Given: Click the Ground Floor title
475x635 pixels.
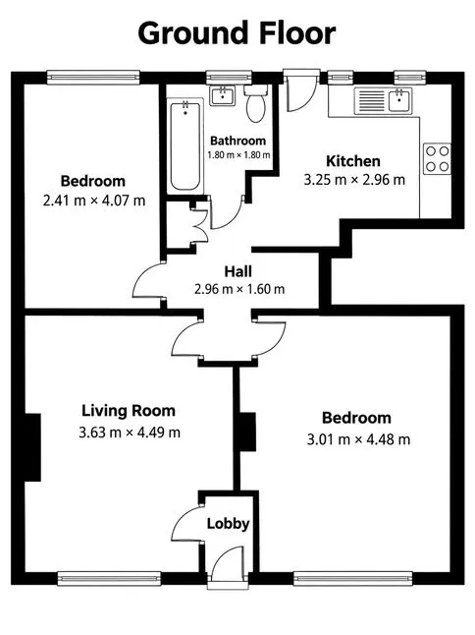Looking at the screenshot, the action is click(237, 33).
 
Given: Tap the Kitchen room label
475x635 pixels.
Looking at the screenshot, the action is click(353, 161).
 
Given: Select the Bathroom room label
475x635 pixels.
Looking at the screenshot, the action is click(238, 141).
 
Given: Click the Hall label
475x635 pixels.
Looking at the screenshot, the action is click(238, 271).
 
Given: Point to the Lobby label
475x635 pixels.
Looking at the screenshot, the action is click(229, 524).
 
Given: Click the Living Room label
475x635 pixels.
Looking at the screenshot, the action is click(129, 411).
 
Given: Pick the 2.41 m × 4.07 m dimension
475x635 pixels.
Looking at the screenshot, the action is click(94, 201).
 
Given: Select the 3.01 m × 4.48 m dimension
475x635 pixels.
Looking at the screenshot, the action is click(358, 439).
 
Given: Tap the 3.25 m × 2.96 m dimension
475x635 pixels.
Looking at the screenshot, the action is click(354, 180).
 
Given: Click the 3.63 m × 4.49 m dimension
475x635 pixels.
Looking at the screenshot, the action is click(130, 433).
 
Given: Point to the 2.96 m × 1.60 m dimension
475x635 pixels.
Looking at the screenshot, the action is click(239, 289).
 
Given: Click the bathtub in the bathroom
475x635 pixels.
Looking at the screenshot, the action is click(185, 146).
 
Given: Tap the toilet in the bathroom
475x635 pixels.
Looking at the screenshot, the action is click(255, 103).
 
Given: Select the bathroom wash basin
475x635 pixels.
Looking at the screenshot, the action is click(223, 96).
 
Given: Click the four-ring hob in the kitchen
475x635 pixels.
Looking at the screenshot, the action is click(438, 159).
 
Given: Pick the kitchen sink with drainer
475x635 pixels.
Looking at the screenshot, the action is click(383, 101).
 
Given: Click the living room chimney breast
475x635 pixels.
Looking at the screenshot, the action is click(33, 447).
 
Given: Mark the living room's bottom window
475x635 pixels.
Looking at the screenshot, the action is click(109, 579).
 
